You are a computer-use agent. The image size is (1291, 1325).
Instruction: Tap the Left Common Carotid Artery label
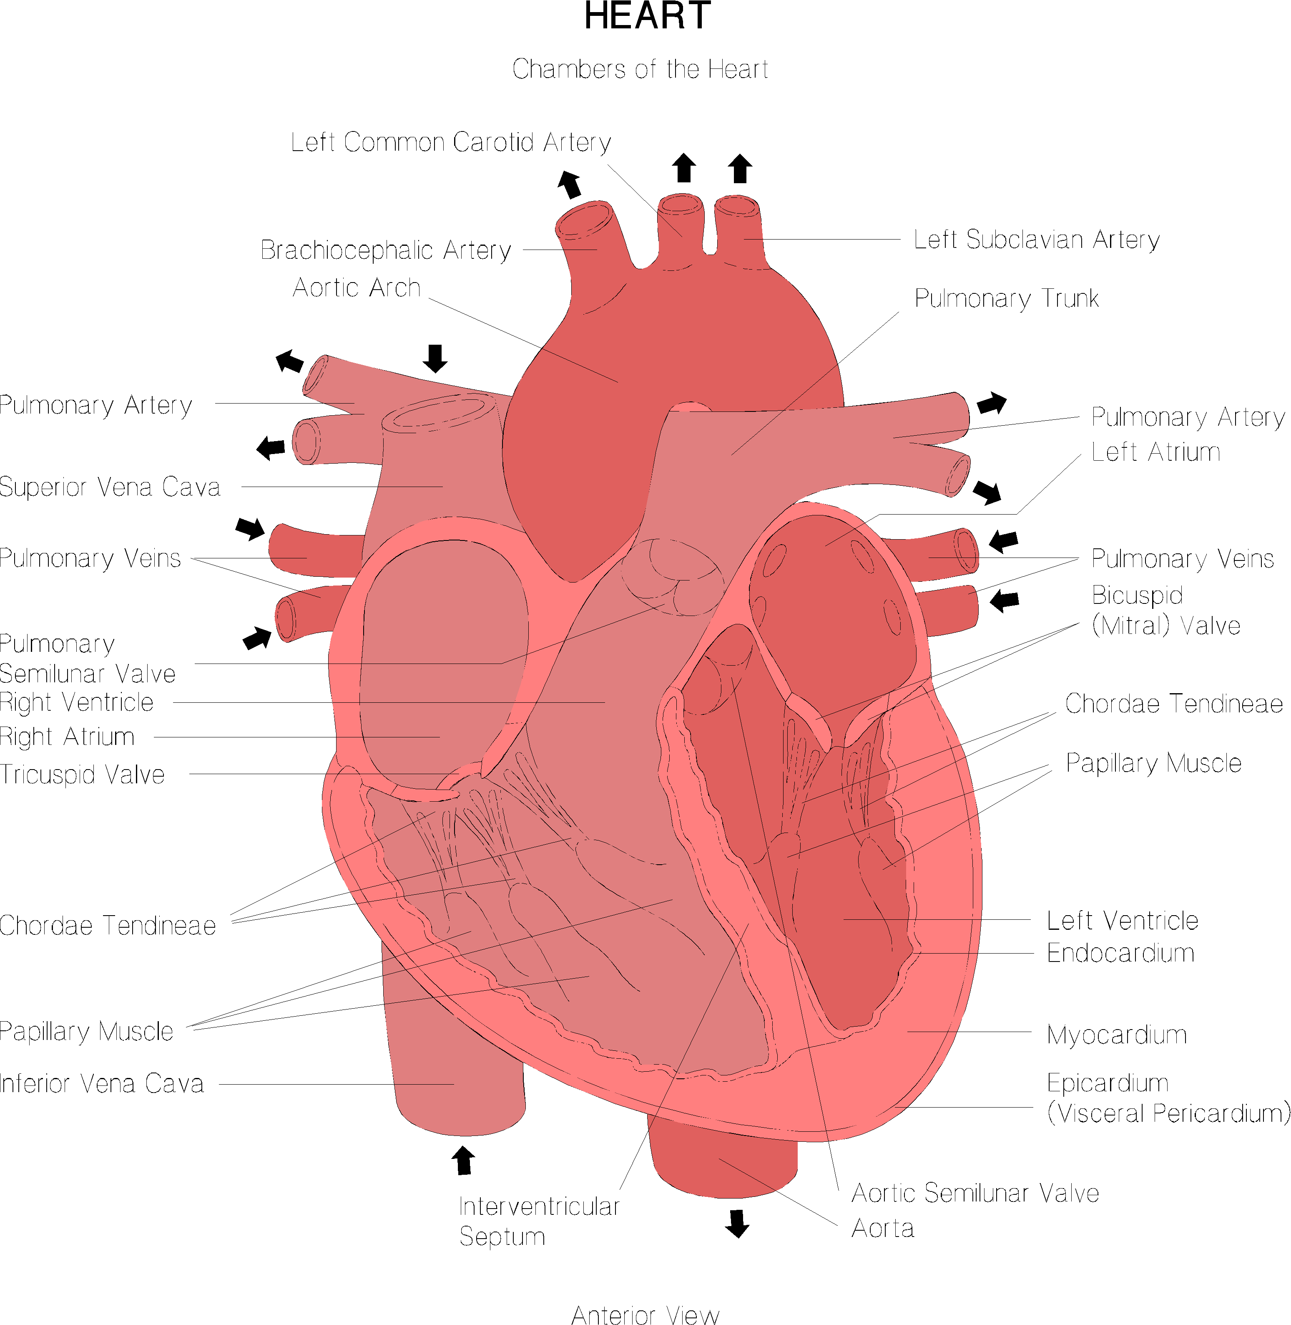(x=451, y=142)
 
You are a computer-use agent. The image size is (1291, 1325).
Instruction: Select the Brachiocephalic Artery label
(x=386, y=250)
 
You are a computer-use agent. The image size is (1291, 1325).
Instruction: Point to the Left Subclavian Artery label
(x=1036, y=240)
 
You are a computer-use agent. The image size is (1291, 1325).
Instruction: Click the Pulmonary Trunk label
(x=1006, y=298)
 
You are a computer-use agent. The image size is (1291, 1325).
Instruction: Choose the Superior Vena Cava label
(x=110, y=487)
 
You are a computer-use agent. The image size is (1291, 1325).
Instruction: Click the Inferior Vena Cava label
(x=102, y=1083)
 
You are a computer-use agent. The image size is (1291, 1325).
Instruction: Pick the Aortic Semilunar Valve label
(x=975, y=1193)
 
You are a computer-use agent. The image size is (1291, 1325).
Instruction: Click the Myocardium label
(x=1116, y=1035)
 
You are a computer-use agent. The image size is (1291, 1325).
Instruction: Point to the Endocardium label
(x=1120, y=953)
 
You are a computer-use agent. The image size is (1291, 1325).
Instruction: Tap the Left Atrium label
(x=1155, y=452)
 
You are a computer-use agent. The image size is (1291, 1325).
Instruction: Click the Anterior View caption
(x=645, y=1315)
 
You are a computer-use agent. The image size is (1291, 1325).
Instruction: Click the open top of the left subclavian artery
(x=737, y=205)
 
